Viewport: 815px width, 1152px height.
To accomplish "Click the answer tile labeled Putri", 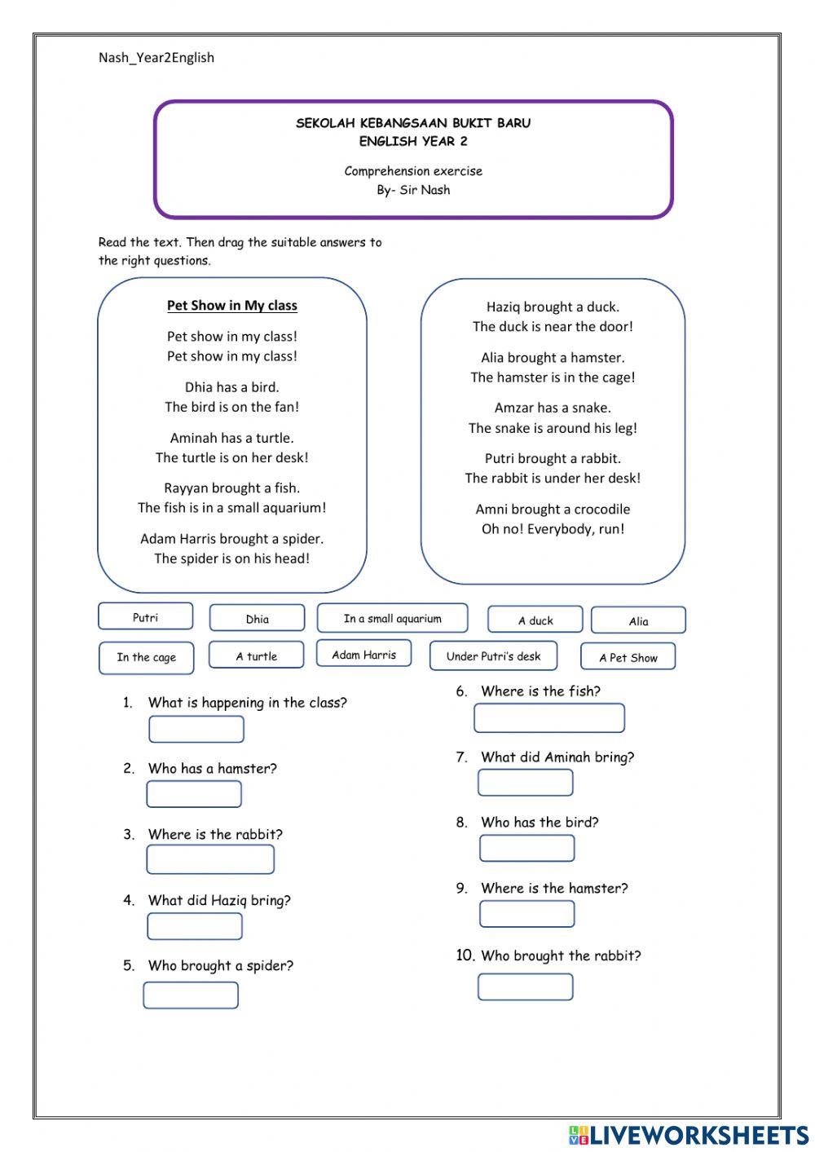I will [145, 617].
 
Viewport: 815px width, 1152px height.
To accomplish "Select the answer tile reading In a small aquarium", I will [392, 619].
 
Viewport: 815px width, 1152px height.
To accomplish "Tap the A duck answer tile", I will [535, 620].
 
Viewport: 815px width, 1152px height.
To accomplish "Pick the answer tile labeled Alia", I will [638, 621].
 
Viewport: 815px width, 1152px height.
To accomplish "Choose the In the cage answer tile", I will [146, 658].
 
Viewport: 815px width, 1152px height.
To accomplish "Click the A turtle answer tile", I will [256, 655].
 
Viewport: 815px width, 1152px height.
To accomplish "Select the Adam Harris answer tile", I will [363, 655].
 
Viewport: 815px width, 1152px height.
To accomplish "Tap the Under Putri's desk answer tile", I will [493, 656].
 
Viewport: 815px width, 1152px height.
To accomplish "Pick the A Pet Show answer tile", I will [628, 657].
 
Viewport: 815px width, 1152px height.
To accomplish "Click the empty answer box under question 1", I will [196, 730].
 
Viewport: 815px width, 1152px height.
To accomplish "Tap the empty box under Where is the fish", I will [548, 718].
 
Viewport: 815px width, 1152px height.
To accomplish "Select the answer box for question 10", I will [525, 987].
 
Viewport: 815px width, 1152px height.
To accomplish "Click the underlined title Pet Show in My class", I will [232, 306].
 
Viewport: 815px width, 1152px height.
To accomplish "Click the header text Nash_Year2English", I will [156, 58].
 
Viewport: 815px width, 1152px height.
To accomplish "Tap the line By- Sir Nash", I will [413, 190].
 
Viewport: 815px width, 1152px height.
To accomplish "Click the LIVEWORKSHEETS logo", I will [689, 1134].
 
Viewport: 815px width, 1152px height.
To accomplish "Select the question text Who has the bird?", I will [540, 823].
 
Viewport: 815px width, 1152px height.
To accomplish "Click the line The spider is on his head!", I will [232, 559].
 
